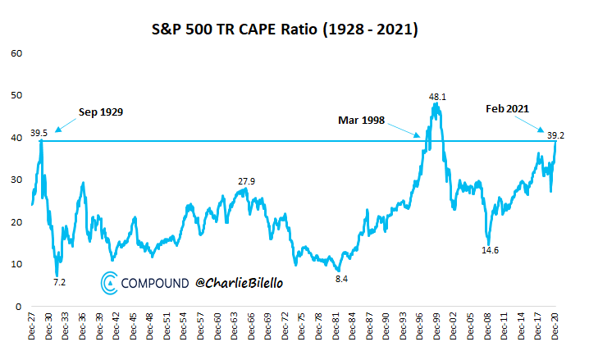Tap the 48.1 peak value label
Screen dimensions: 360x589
tap(437, 97)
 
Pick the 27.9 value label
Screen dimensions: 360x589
tap(247, 181)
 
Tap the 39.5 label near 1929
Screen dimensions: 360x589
tap(39, 132)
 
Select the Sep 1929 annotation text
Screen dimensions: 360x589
tap(101, 112)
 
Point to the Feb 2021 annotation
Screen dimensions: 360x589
tap(507, 107)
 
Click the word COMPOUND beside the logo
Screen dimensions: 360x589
tap(155, 284)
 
